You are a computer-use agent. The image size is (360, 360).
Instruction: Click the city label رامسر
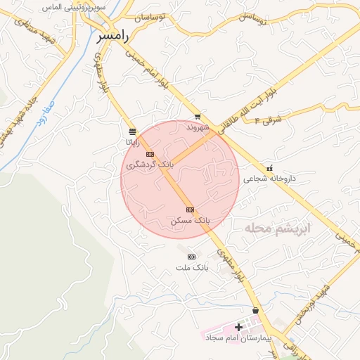[113, 36]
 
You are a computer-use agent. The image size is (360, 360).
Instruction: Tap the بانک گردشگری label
[149, 165]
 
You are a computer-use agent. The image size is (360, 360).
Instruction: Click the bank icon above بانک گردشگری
[149, 154]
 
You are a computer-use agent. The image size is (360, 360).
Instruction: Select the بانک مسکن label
[190, 221]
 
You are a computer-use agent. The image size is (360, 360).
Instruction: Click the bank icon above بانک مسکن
[190, 210]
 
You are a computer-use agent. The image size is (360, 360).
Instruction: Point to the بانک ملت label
[192, 268]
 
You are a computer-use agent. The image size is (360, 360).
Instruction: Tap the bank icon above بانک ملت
[191, 257]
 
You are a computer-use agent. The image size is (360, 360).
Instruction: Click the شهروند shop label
[198, 128]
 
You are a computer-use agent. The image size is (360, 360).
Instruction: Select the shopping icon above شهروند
[198, 117]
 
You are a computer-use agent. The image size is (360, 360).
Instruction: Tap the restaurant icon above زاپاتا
[132, 131]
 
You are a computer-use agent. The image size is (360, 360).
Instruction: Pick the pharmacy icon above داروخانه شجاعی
[270, 168]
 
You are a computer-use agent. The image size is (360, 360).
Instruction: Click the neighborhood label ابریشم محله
[276, 229]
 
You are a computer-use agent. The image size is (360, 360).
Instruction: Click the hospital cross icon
[238, 328]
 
